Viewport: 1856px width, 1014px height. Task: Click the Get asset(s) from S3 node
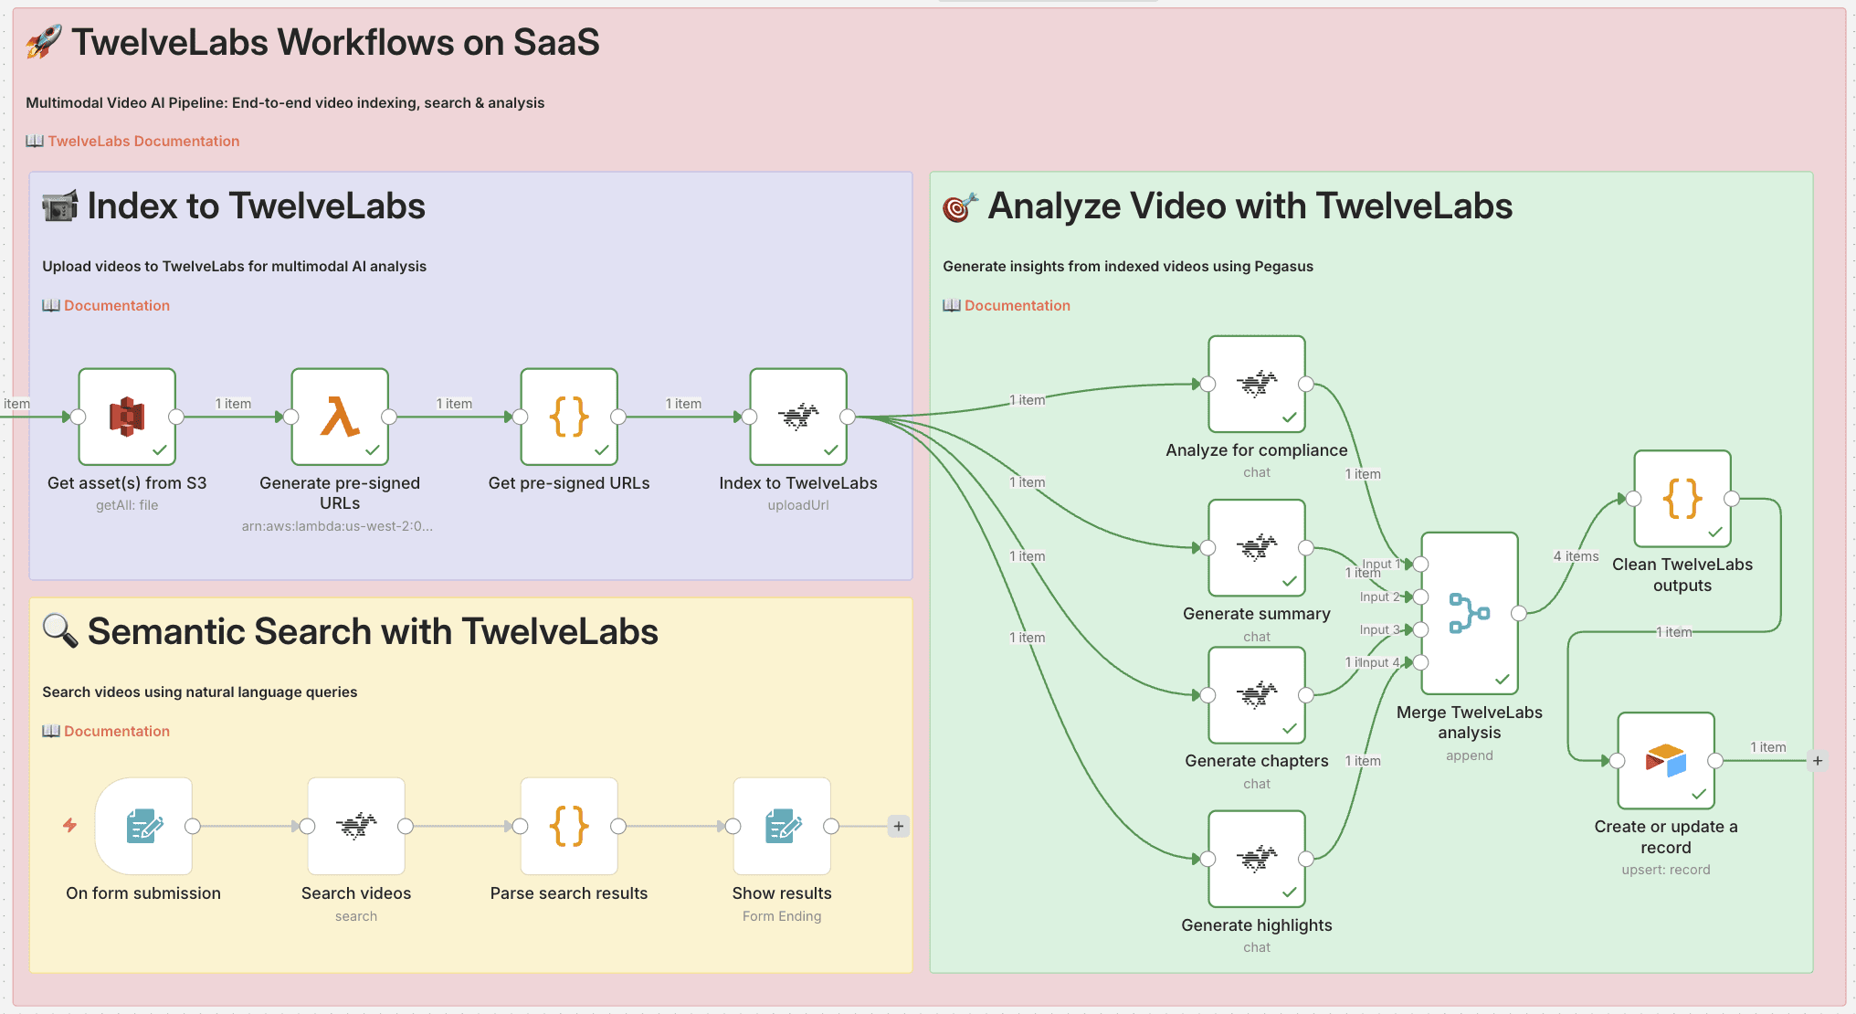[127, 417]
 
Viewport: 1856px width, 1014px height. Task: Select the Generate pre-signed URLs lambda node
[340, 417]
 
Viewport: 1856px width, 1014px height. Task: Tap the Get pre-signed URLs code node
[569, 417]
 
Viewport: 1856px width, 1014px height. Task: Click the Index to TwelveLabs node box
[798, 417]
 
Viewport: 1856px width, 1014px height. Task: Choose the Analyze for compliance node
[1257, 385]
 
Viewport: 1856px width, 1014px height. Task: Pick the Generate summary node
[1257, 548]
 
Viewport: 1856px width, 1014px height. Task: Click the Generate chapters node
[1257, 695]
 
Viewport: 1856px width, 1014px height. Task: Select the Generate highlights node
[1257, 859]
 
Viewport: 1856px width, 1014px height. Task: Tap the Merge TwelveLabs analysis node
[1470, 614]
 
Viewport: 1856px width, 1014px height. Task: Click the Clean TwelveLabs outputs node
[1682, 499]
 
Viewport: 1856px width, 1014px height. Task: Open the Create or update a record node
[1666, 761]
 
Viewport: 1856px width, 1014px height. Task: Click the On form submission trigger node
[143, 827]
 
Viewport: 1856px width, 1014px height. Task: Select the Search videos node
[356, 827]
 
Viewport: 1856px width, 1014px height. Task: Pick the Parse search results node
[569, 827]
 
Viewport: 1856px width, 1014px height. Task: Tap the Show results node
[782, 827]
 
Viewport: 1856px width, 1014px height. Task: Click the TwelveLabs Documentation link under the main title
[143, 141]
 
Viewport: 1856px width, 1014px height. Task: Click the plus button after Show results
[899, 827]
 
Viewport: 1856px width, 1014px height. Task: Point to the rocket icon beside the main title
[44, 42]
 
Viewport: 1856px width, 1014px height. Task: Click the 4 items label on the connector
[1576, 556]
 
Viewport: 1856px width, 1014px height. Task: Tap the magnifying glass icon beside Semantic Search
[60, 631]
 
